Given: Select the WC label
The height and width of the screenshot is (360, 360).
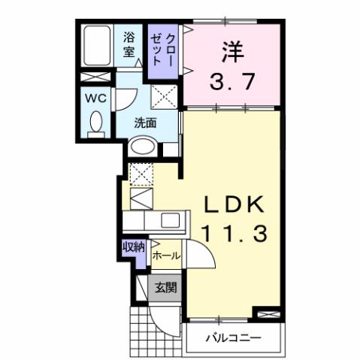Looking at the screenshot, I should (95, 99).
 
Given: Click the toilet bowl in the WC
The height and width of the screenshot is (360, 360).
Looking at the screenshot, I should (95, 123).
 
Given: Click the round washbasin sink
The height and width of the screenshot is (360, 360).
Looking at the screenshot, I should (141, 148).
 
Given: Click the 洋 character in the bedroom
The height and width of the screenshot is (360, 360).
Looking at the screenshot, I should (232, 53).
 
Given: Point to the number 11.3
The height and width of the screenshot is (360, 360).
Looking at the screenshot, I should (233, 234).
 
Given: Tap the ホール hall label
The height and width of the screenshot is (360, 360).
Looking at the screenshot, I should (167, 256).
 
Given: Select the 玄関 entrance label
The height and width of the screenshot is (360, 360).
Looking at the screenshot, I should (165, 286).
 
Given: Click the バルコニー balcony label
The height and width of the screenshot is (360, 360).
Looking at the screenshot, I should (234, 338).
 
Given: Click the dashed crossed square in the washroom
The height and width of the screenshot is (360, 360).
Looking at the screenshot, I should (163, 95).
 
